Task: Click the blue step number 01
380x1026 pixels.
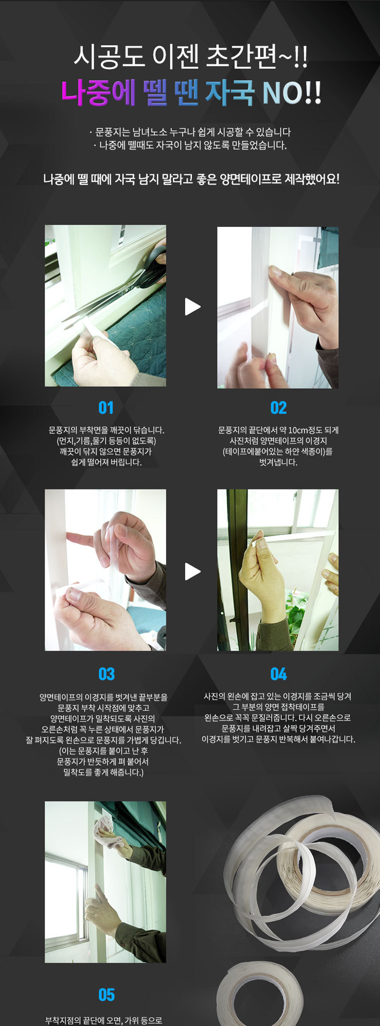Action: point(106,408)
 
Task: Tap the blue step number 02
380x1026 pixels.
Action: point(278,408)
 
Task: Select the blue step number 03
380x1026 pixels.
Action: point(106,674)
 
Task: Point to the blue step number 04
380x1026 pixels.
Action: point(278,674)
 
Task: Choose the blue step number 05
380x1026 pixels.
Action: point(106,994)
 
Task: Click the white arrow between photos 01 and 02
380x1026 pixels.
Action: point(192,307)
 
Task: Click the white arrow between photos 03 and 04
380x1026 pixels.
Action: point(192,571)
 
